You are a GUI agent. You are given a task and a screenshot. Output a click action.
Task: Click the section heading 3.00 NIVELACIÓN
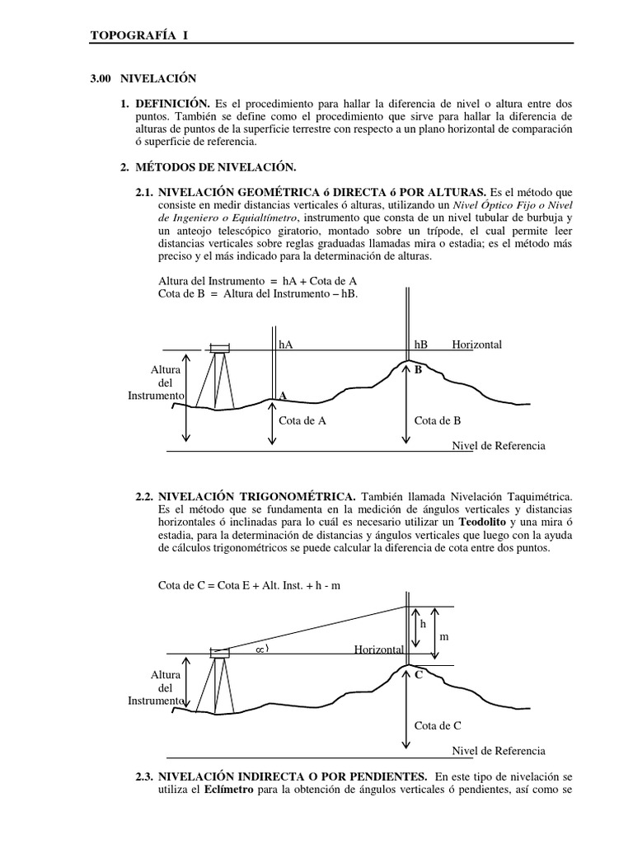(143, 79)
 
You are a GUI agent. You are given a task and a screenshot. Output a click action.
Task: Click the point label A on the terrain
(283, 396)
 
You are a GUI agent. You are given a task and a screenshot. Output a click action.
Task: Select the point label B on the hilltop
(418, 370)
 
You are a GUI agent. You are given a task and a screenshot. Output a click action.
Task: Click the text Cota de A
(303, 420)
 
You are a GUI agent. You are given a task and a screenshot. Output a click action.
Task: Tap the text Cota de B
(437, 420)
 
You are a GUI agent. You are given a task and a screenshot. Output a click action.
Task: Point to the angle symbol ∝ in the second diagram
(263, 649)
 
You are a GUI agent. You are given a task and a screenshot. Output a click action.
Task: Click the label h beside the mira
(423, 625)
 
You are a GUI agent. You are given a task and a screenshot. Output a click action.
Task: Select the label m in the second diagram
(443, 638)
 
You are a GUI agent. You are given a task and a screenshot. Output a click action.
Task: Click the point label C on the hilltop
(418, 674)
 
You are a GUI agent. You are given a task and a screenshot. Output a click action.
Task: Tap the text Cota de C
(437, 725)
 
